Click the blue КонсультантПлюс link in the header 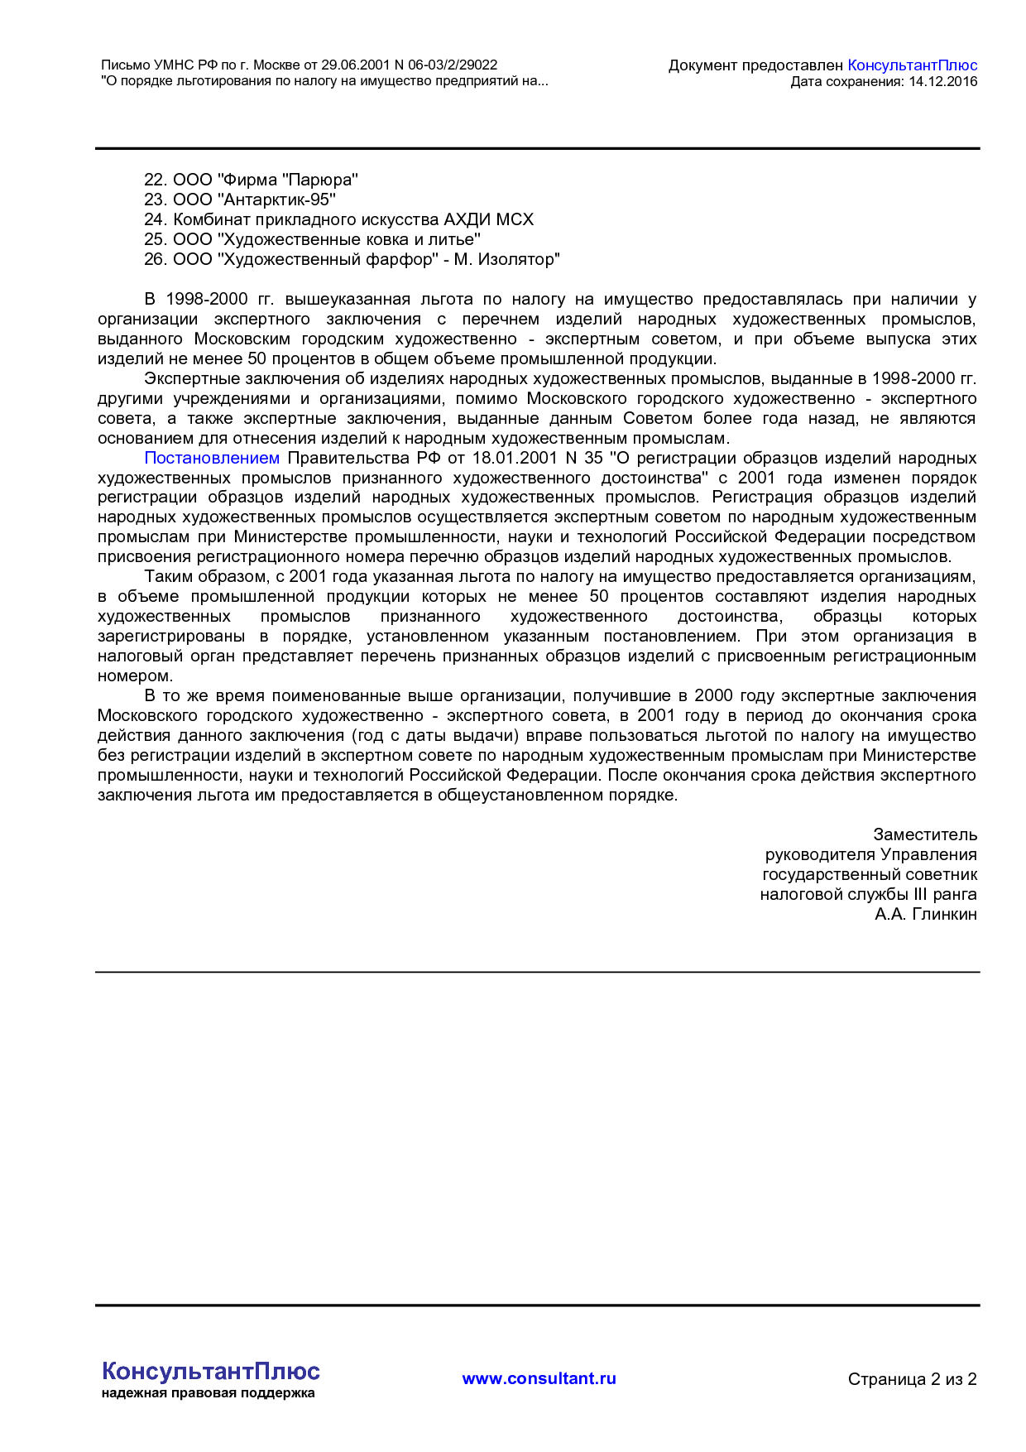pos(912,65)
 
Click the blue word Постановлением pos(212,458)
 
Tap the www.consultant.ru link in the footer pos(539,1378)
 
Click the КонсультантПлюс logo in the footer pos(210,1371)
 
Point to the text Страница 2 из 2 pos(912,1379)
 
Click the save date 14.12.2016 pos(942,81)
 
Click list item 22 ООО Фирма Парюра pos(251,180)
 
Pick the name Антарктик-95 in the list pos(278,200)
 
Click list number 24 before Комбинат pos(155,219)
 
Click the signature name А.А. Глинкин pos(925,914)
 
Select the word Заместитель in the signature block pos(924,834)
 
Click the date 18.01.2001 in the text pos(514,458)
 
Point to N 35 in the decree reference pos(583,458)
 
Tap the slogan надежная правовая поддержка pos(208,1393)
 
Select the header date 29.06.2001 pos(352,65)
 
